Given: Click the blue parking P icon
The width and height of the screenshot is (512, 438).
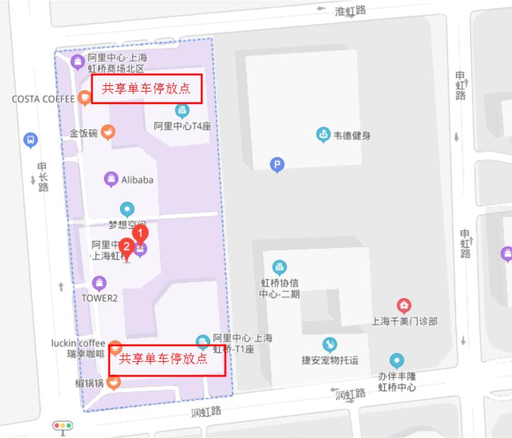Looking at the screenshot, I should (277, 164).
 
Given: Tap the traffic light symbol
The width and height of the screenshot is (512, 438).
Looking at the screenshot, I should (62, 426).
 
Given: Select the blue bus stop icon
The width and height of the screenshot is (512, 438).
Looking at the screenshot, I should (30, 140).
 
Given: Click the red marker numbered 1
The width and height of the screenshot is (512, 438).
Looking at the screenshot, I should (141, 234).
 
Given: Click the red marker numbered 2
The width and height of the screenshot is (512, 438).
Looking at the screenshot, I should (126, 246).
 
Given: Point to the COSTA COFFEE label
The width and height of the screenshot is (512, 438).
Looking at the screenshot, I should (43, 99).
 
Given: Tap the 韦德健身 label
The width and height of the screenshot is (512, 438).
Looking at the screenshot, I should (352, 135).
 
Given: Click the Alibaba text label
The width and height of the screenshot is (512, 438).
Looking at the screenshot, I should (137, 180).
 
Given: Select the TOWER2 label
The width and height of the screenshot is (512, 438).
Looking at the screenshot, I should (99, 298).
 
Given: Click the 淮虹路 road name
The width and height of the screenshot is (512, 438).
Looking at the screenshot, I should (350, 11).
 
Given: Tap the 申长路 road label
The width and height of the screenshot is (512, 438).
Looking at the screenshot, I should (42, 177).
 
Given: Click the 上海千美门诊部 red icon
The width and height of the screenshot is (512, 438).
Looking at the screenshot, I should (404, 305).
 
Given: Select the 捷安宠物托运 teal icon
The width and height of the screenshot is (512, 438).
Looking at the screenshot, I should (330, 345).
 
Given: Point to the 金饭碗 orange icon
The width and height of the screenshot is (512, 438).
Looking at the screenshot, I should (108, 132).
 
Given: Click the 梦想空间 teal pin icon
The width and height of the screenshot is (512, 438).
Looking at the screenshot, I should (127, 209).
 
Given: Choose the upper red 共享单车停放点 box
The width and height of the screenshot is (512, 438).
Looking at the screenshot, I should (147, 88).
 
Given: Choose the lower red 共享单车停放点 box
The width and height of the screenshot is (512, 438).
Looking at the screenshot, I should (166, 360).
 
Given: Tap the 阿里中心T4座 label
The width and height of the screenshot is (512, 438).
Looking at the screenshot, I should (182, 126).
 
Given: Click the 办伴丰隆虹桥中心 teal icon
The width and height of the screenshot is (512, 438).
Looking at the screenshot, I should (397, 361).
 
